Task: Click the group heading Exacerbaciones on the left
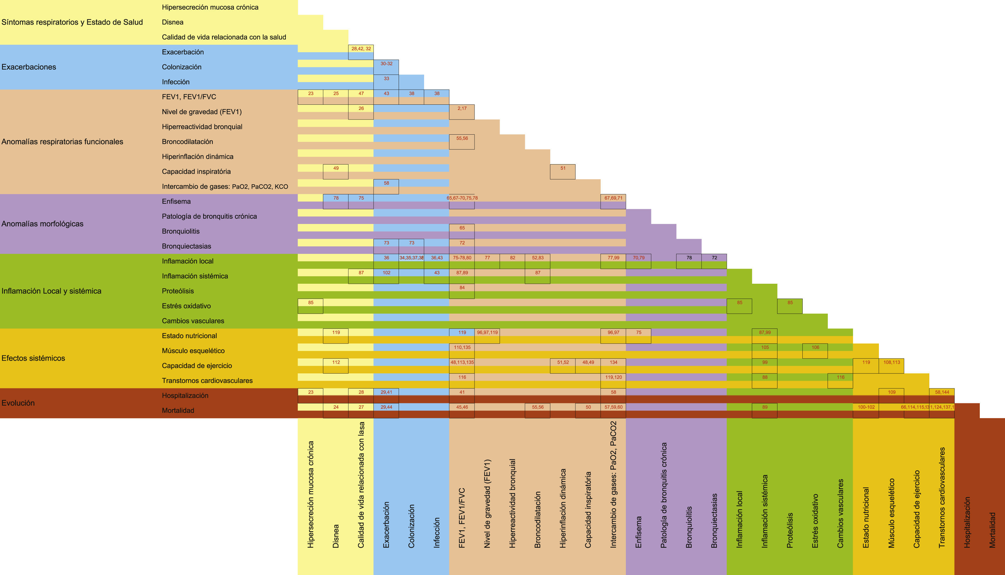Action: point(29,67)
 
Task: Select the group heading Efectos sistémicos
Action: point(33,358)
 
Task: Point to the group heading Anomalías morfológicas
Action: point(42,224)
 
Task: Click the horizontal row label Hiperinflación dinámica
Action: point(197,157)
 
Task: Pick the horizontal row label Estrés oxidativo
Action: point(186,306)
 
